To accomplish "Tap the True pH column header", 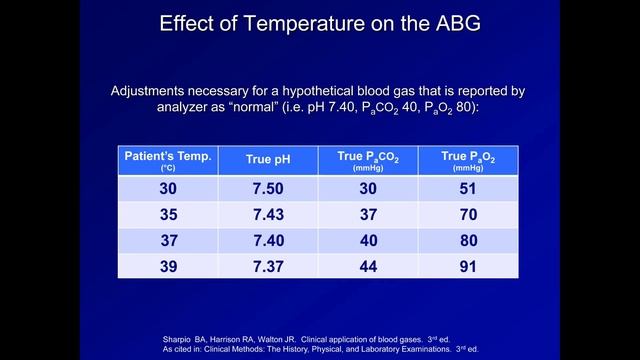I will [269, 159].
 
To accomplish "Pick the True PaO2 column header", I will [467, 159].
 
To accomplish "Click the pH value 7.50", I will [269, 189].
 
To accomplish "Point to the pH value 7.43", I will [269, 214].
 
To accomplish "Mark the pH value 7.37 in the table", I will [269, 264].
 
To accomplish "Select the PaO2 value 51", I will [467, 189].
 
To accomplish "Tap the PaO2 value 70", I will [467, 214].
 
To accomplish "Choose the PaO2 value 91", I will [467, 264].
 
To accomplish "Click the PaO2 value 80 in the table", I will [467, 239].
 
